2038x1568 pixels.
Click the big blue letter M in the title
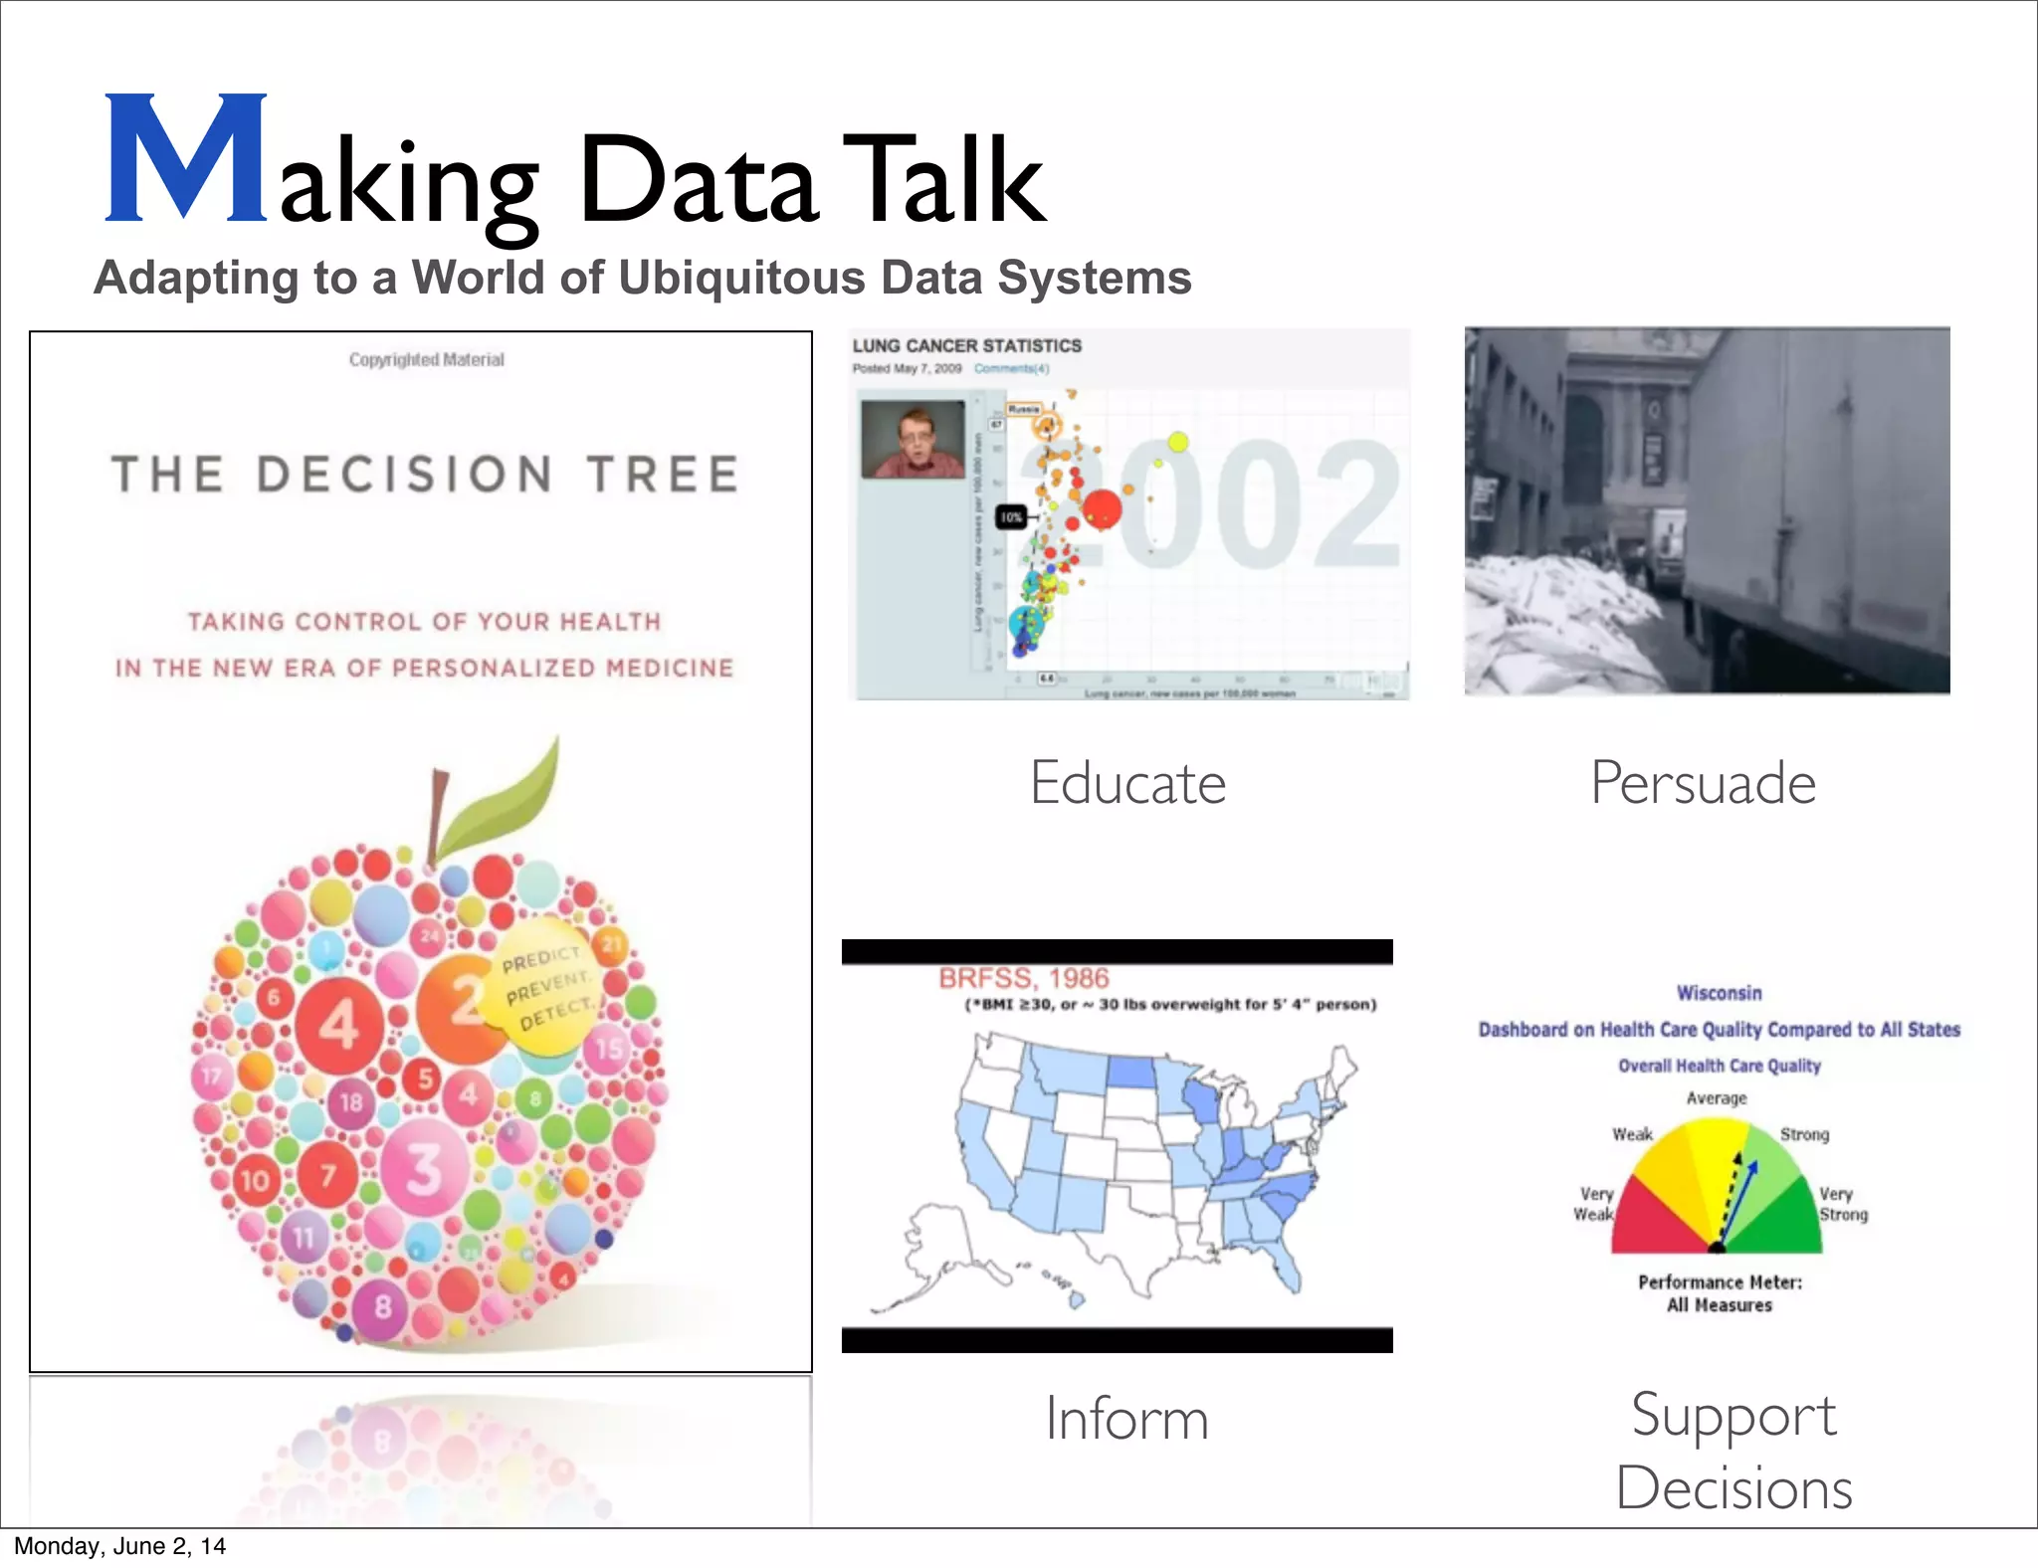(186, 159)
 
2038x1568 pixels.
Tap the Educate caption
(1127, 783)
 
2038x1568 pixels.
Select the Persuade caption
(1703, 783)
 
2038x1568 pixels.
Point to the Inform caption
(1126, 1419)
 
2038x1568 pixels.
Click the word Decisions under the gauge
(1733, 1488)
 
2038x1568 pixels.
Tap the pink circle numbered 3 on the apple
(424, 1168)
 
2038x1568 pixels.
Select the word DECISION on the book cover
(404, 475)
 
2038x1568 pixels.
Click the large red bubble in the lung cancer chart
(1101, 509)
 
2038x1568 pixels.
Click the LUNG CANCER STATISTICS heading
(966, 346)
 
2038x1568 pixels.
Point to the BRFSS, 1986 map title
(1023, 978)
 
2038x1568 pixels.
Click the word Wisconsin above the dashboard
(1719, 993)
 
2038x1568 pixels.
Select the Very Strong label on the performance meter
(1843, 1204)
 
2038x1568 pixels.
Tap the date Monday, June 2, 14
(119, 1546)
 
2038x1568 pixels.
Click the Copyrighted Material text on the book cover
(426, 360)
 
